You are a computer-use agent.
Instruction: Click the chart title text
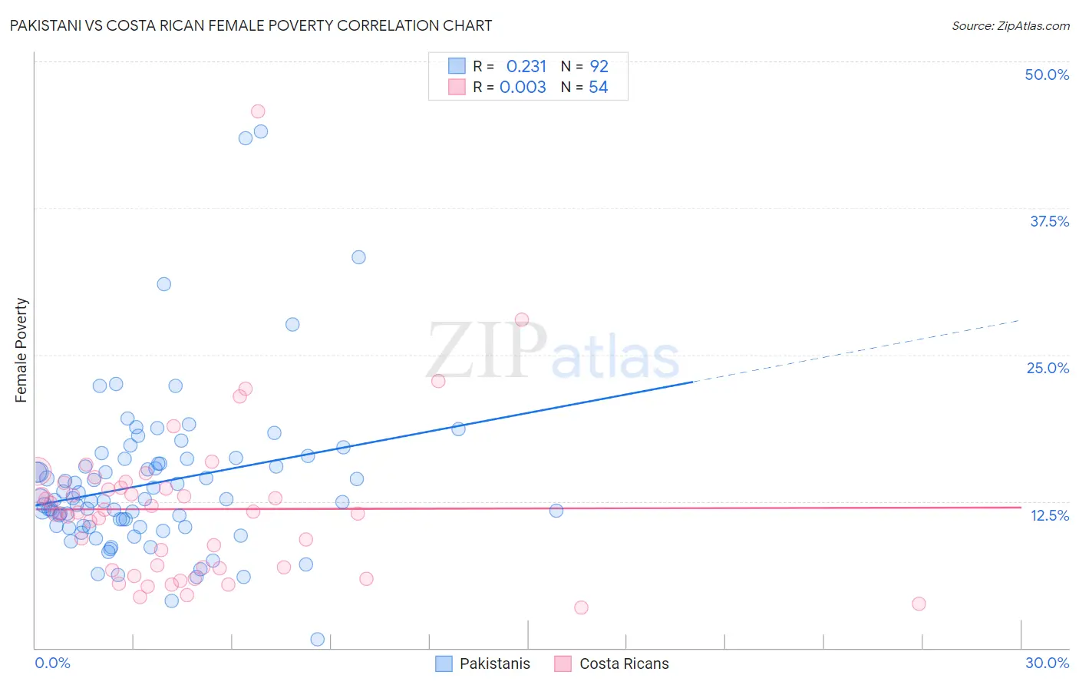251,25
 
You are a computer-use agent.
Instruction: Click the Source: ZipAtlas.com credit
1010,26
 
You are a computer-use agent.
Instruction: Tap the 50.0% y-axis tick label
1047,74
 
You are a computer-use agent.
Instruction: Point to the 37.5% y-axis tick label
1049,221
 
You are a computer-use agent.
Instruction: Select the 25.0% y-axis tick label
1048,368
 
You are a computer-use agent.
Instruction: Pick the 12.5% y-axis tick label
1049,515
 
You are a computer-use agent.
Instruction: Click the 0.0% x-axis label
52,663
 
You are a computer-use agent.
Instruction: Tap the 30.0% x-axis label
1047,663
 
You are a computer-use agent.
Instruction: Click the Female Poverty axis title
21,350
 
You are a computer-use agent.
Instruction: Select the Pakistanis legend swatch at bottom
444,663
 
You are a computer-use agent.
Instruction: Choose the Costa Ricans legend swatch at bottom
563,663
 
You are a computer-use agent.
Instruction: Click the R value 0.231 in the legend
526,67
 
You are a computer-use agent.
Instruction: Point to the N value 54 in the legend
599,88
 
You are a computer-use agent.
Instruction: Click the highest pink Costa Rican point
258,112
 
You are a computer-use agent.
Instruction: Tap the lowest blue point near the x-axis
317,639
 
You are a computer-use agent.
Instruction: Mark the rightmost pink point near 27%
919,604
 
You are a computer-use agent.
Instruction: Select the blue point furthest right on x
556,511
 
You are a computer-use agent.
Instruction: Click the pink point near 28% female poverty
522,319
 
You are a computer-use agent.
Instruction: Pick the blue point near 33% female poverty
358,257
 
